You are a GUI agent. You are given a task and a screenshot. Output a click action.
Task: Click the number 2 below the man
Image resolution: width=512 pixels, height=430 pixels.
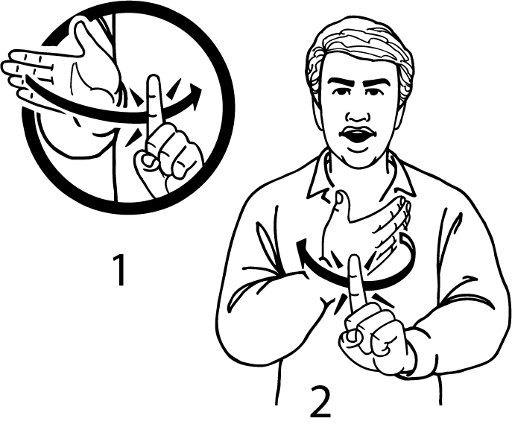click(320, 402)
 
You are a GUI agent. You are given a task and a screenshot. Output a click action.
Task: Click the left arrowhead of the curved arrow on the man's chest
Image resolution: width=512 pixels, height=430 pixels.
click(302, 247)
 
